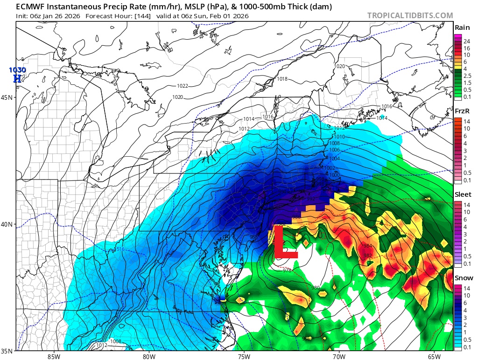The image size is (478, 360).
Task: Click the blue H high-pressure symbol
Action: [x=17, y=78]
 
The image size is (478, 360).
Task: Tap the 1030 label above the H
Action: [x=17, y=70]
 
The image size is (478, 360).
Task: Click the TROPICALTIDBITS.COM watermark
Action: [x=410, y=15]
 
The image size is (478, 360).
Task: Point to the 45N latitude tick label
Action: [x=7, y=97]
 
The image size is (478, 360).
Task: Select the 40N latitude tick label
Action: [x=7, y=224]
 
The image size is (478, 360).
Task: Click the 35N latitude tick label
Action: [x=7, y=351]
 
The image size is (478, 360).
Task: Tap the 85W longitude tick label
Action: [x=54, y=357]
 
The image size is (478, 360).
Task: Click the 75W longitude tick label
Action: [x=244, y=357]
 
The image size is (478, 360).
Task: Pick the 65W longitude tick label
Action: [x=434, y=357]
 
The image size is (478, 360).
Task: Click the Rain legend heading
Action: [x=462, y=28]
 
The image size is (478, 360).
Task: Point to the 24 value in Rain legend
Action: [x=466, y=42]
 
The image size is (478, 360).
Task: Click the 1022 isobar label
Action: [x=183, y=86]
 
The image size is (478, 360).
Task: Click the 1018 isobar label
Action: [x=282, y=79]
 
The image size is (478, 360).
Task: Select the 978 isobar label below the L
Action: [x=287, y=270]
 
